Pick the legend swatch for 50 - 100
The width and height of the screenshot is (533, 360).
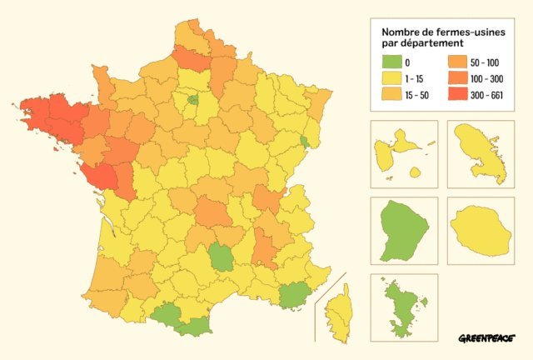[x=456, y=62]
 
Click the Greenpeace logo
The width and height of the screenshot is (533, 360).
[x=486, y=339]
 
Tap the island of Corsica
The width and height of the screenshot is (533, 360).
[x=337, y=313]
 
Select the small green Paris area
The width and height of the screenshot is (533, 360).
[x=192, y=100]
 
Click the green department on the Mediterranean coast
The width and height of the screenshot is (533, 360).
[x=292, y=294]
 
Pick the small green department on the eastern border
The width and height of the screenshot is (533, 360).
[x=305, y=142]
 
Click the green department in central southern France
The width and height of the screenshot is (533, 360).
[x=222, y=257]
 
